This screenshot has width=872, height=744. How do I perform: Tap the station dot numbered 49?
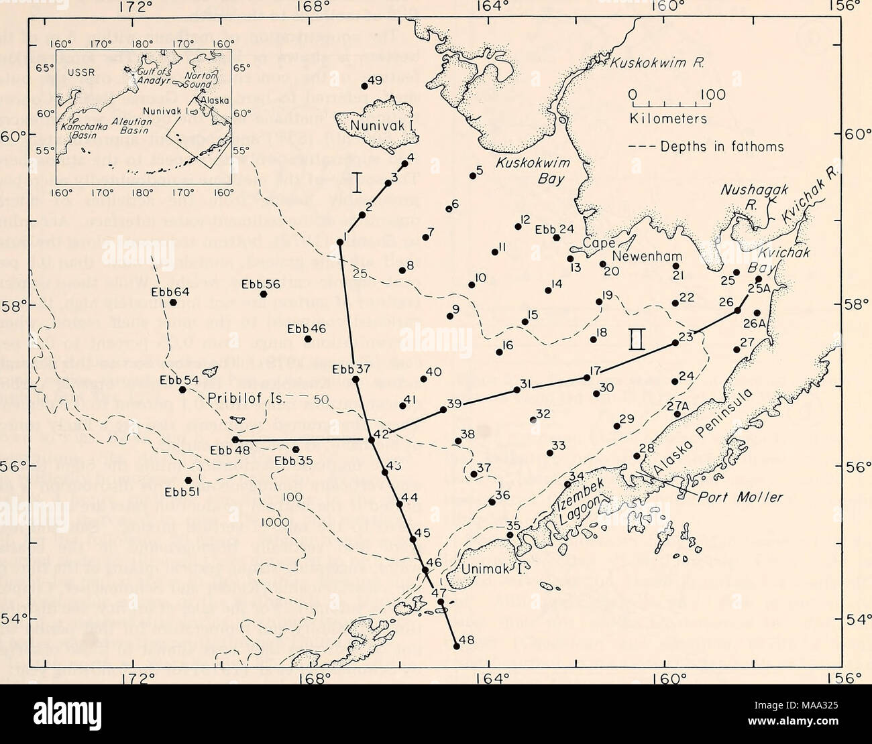coord(364,86)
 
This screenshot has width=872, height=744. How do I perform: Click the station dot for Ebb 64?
coord(173,302)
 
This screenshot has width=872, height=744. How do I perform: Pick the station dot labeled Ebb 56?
coord(264,294)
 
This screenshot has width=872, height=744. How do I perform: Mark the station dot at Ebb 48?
coord(235,440)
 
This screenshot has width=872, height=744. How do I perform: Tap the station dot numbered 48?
coord(456,646)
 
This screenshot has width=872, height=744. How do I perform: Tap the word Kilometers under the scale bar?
coord(668,119)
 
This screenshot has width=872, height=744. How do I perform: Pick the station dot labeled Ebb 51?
coord(188,480)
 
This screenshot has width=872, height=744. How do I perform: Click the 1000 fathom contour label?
coord(276,523)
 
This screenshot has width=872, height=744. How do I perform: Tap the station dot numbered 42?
coord(371,440)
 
